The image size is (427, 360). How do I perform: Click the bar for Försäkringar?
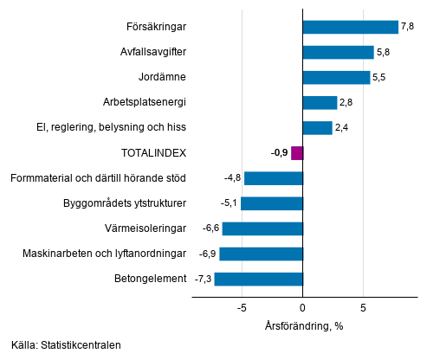[350, 27]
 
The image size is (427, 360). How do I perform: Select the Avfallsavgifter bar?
[338, 52]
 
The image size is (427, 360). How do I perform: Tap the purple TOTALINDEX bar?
[297, 153]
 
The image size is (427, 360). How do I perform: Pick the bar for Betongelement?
[258, 279]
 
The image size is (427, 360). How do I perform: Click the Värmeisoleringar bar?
[262, 228]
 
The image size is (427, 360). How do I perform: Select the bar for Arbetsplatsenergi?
[320, 102]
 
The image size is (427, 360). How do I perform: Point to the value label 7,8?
[408, 27]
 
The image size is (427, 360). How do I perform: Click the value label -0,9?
[279, 153]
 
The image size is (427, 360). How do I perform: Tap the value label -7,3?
[202, 279]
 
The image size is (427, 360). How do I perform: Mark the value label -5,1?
[229, 203]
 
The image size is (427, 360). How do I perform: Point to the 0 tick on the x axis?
[303, 307]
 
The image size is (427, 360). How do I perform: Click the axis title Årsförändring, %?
[303, 325]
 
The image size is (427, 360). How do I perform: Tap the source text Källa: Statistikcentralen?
[66, 345]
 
